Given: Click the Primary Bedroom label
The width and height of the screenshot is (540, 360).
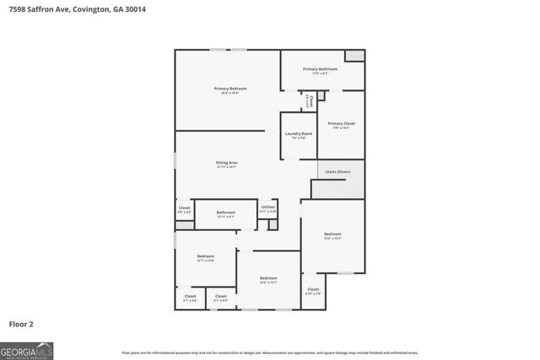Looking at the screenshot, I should tap(229, 89).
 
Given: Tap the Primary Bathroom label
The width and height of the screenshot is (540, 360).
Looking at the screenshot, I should tap(321, 68).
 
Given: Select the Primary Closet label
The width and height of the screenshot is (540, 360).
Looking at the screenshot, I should tap(342, 123).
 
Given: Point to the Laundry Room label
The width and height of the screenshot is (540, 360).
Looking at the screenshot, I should tap(299, 133).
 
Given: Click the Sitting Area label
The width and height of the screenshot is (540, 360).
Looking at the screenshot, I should tap(227, 162).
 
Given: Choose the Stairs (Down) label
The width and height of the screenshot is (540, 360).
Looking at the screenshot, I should tap(337, 172).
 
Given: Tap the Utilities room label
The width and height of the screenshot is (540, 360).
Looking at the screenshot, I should tap(267, 207).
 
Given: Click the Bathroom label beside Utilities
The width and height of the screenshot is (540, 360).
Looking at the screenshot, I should tap(226, 212).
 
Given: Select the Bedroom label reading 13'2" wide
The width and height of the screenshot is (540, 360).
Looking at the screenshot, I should tap(333, 234).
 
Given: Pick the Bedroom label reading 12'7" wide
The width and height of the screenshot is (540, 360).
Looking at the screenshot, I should tap(206, 256).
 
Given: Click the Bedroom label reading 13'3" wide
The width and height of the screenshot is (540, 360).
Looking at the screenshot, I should tap(268, 278).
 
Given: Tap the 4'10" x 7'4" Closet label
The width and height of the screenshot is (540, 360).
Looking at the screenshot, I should tap(313, 289).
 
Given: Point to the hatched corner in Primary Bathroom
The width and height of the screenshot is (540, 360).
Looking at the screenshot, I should tap(354, 56).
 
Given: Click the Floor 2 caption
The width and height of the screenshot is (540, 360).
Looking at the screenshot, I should tap(21, 323).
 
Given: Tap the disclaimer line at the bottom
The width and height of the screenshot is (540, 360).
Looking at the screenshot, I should tap(270, 352).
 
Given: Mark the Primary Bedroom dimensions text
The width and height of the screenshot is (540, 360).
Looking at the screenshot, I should tap(229, 93).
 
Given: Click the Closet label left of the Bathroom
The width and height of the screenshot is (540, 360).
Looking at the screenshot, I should tap(184, 207).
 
